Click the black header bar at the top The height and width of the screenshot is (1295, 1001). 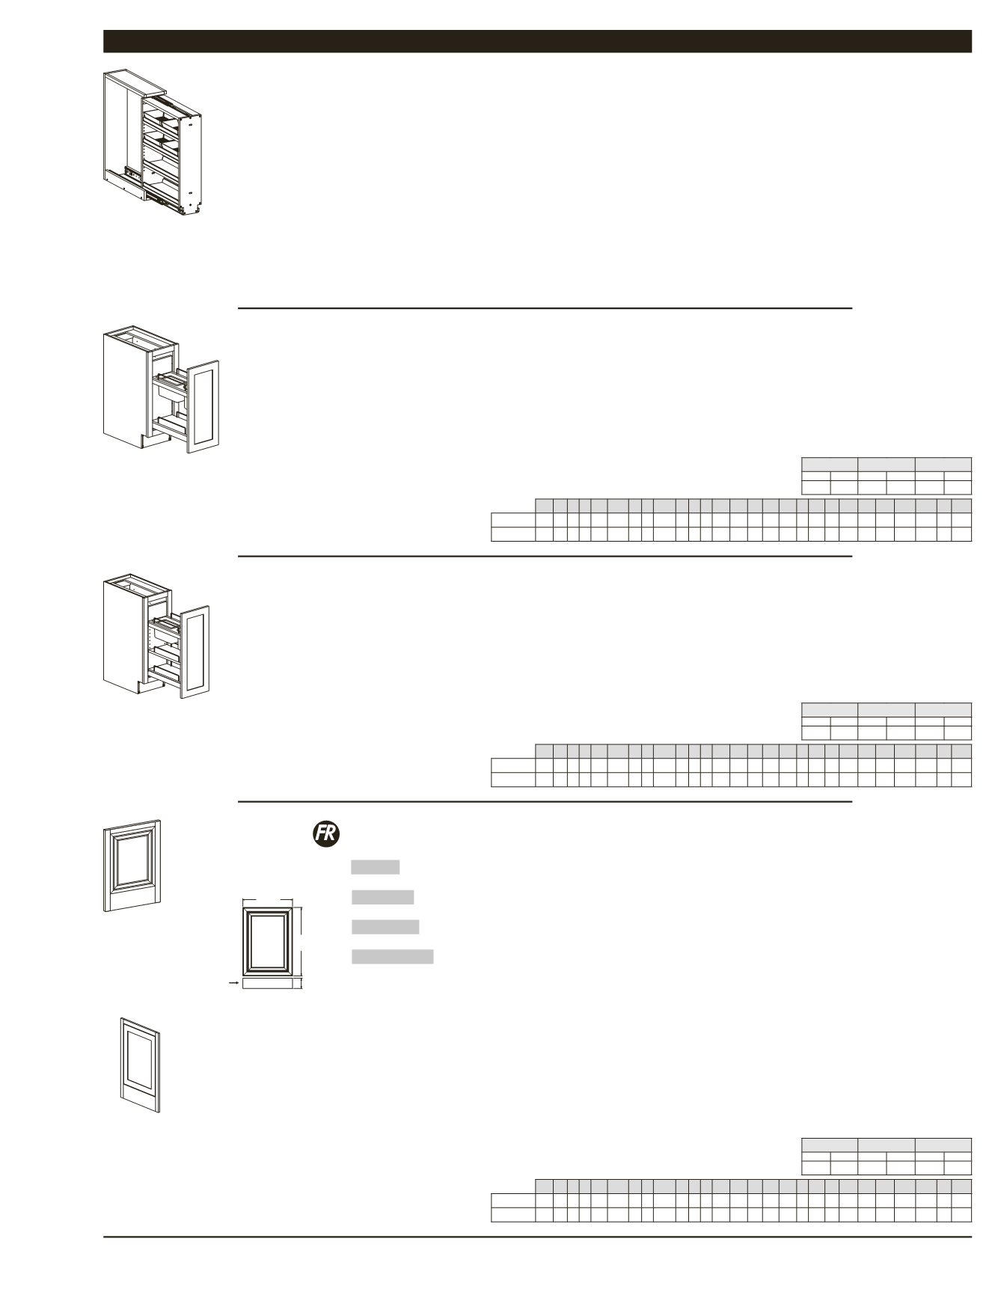point(537,42)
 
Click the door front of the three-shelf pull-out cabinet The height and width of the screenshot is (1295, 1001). point(195,651)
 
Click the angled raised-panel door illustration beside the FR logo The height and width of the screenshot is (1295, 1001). point(132,866)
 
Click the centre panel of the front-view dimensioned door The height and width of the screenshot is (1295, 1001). point(272,940)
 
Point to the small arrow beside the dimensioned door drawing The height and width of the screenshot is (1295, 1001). point(233,984)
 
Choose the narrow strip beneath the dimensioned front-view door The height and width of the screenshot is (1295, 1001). point(268,984)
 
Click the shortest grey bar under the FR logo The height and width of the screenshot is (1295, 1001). point(376,867)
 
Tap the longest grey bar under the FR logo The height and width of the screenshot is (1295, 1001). point(393,957)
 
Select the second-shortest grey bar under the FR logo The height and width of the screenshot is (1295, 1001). point(382,897)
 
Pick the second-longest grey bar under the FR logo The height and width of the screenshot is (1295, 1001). point(385,927)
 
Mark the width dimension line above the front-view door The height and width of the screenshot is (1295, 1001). point(266,901)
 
